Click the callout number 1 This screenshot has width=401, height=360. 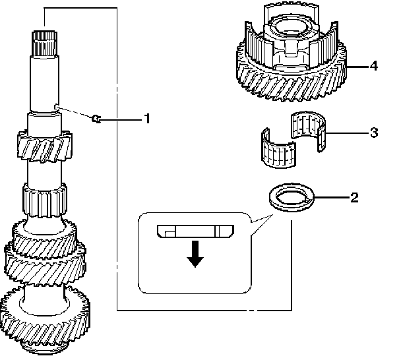tap(148, 119)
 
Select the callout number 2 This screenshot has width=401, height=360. tap(354, 197)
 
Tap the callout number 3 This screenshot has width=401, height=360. tap(373, 133)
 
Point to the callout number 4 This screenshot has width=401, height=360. tap(373, 66)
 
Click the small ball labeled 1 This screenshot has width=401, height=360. tap(96, 119)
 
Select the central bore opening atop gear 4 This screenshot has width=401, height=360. tap(291, 29)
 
